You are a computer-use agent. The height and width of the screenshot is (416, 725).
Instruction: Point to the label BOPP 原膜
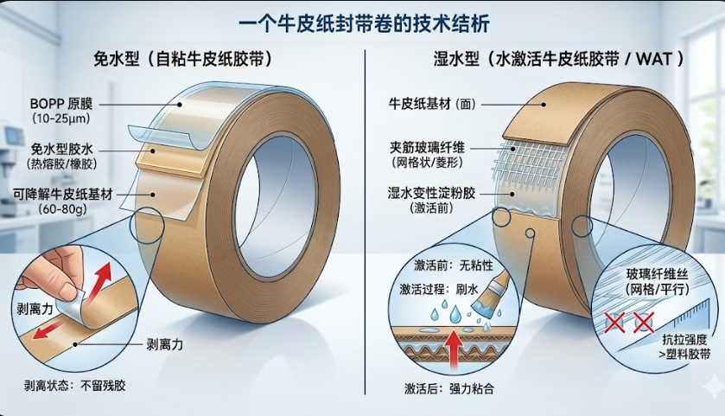pos(57,102)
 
